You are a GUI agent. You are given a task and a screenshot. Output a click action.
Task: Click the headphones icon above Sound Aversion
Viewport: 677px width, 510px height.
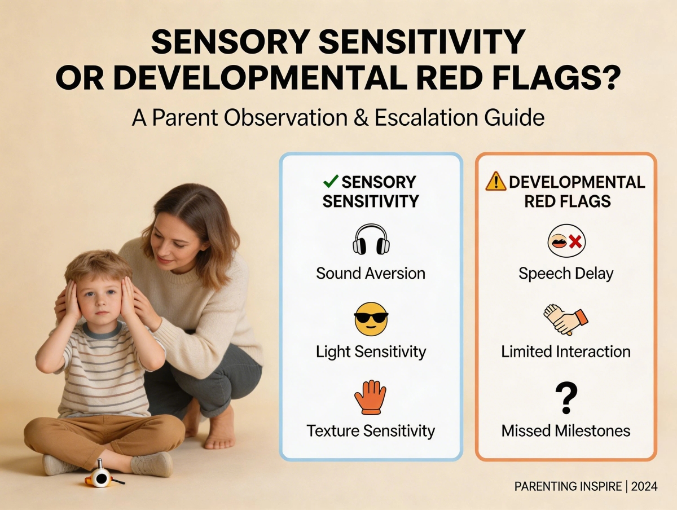coord(371,240)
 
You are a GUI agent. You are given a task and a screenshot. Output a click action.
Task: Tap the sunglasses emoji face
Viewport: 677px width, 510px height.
coord(371,319)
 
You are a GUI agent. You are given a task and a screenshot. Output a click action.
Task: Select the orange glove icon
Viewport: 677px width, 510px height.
coord(370,397)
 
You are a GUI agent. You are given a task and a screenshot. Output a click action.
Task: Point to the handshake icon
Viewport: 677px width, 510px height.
coord(565,319)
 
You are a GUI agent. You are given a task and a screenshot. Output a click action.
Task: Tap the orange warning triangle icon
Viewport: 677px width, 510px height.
coord(496,182)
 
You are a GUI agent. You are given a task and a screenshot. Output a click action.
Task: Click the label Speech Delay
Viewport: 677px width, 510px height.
coord(566,274)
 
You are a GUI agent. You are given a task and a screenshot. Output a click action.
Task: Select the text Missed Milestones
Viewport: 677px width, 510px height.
coord(566,431)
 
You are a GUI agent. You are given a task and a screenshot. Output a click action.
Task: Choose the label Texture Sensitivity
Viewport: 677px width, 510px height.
coord(371,431)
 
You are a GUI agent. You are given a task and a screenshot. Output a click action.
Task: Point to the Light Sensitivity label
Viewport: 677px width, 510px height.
coord(371,352)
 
